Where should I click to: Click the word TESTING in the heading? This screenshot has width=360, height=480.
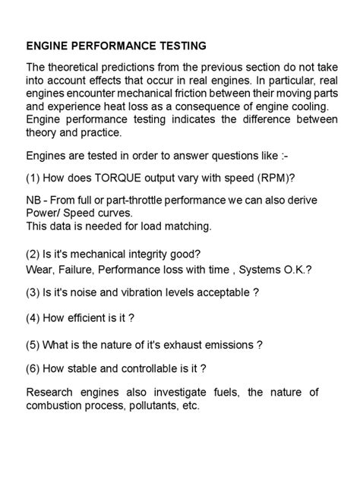click(x=179, y=46)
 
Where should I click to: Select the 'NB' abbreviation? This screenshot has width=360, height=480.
click(x=34, y=200)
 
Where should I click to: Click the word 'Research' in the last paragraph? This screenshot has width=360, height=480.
click(x=50, y=393)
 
